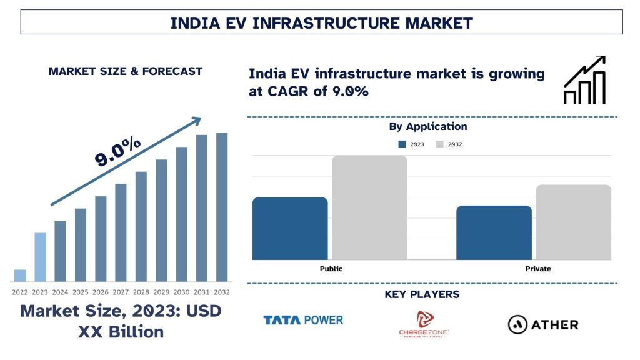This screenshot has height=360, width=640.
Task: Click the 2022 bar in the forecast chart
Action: point(20,276)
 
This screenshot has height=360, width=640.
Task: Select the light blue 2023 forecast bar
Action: point(40,257)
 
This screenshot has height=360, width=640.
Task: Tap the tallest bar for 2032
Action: point(222,207)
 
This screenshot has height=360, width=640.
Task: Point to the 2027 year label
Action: point(121,292)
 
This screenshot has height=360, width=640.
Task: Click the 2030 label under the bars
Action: point(181,292)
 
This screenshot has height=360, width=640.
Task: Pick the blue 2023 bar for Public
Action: point(290,228)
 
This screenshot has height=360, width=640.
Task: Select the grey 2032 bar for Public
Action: point(369,207)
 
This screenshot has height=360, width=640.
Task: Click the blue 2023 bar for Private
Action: point(494,232)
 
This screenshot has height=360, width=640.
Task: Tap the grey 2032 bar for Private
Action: point(573,222)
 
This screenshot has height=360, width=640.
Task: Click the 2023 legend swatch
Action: point(402,144)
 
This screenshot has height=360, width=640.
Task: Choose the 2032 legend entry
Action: point(449,144)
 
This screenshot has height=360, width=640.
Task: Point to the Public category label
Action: point(331,269)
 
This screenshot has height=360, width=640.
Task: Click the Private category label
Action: point(538,269)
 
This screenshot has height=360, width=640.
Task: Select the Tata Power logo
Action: point(303,321)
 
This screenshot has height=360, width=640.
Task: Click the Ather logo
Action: point(542,324)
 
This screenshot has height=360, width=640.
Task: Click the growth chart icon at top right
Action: point(584,80)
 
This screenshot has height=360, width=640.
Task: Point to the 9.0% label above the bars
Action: point(118,151)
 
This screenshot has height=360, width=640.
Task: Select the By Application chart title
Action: point(428,126)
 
